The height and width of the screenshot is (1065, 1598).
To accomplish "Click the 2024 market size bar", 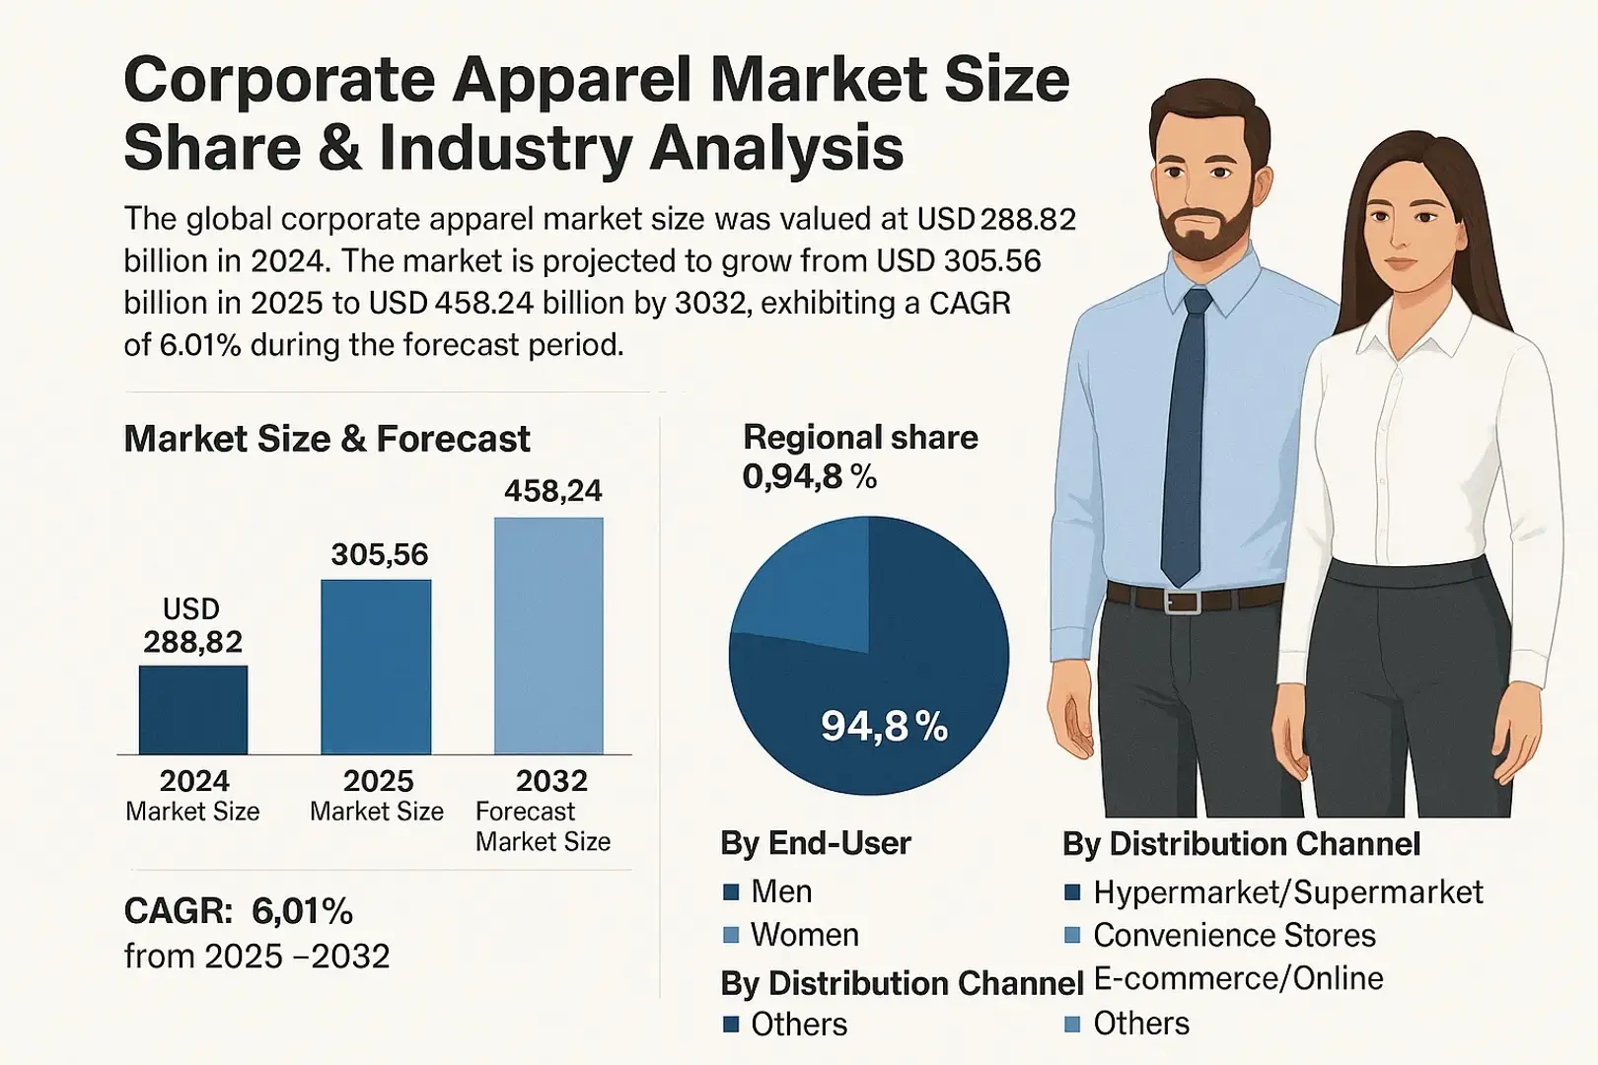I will (193, 710).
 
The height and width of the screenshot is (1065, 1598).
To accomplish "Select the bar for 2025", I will (376, 668).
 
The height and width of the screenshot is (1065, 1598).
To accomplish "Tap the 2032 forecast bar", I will (548, 636).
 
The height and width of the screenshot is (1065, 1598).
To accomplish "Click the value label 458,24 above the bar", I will (552, 491).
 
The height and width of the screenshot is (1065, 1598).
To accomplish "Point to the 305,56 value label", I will (380, 555).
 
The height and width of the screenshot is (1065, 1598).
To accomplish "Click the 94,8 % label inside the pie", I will (884, 728).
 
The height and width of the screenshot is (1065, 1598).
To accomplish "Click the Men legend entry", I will (780, 891).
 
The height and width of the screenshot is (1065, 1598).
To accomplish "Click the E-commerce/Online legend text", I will (1238, 978).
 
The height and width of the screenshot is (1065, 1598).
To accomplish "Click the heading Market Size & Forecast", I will (327, 439).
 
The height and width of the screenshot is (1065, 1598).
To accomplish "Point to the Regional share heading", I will (860, 437).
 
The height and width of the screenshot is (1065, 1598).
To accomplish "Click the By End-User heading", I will (816, 843).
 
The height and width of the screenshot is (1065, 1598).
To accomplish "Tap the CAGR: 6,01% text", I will (239, 911).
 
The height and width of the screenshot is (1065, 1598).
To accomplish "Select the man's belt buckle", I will (1183, 601).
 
